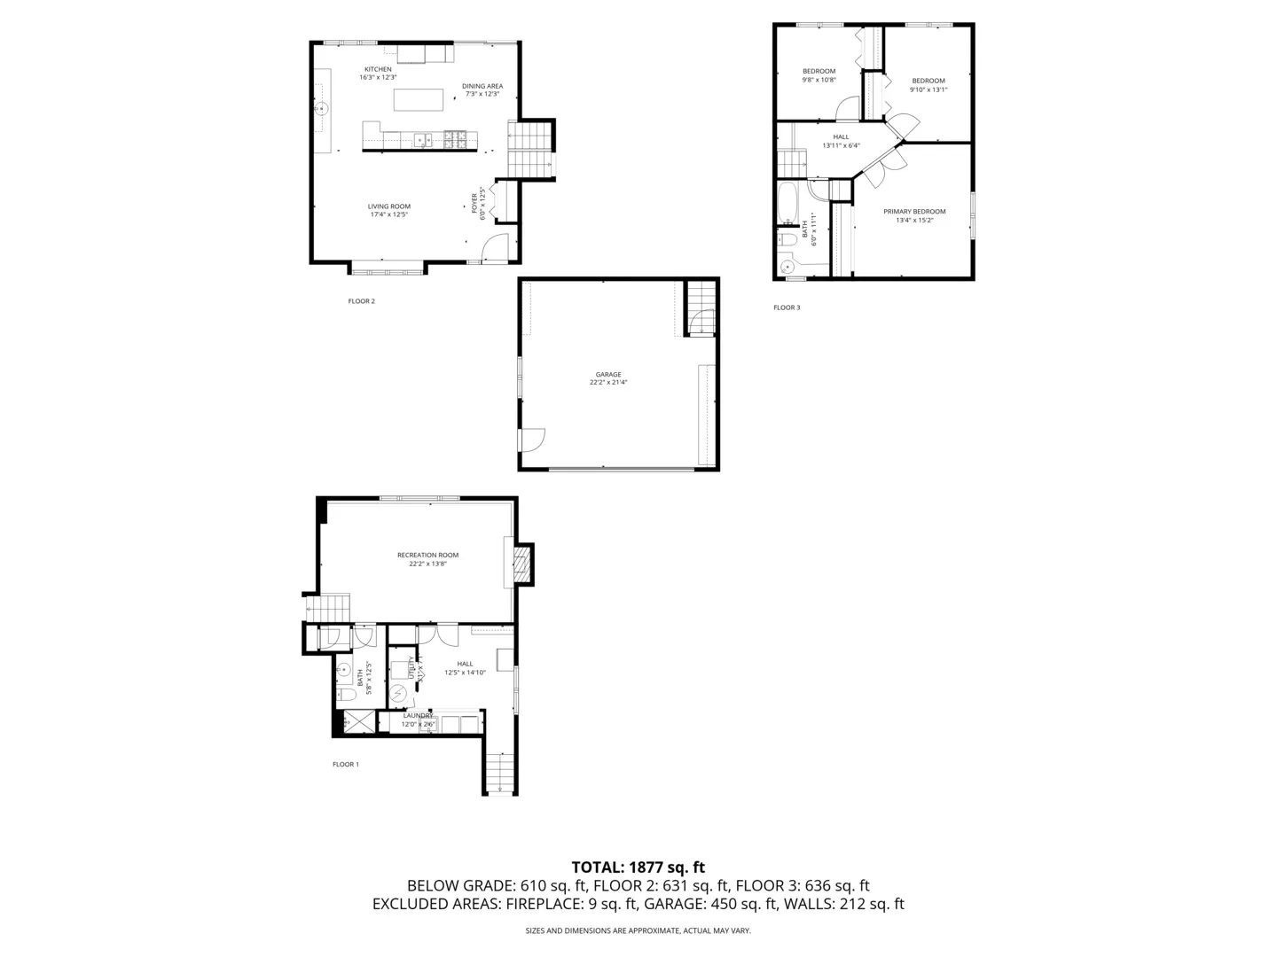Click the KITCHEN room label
click(378, 69)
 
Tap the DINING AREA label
click(482, 86)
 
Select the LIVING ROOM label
click(389, 206)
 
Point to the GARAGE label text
click(608, 374)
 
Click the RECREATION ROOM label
click(427, 556)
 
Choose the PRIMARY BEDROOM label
click(914, 212)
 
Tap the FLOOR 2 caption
click(361, 301)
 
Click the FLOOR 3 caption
click(787, 307)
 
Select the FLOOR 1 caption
click(346, 764)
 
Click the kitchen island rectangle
click(419, 99)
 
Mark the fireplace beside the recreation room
click(523, 564)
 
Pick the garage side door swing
click(532, 440)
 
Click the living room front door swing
click(496, 249)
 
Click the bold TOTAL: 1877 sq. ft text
click(638, 868)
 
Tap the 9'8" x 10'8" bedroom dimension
click(819, 80)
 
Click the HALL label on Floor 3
click(841, 137)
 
